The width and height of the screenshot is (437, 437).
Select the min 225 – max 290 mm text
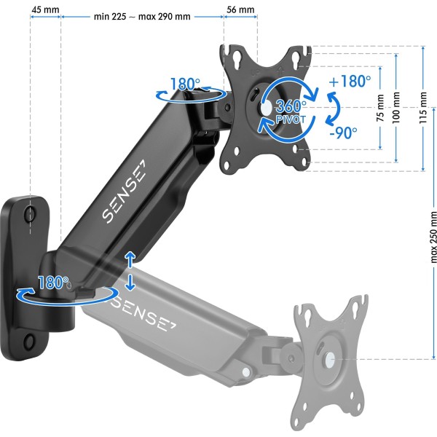[x=142, y=15]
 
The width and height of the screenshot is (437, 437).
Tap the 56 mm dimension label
[x=240, y=10]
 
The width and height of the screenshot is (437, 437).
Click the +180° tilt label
[x=349, y=82]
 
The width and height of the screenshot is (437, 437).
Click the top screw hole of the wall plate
[x=29, y=213]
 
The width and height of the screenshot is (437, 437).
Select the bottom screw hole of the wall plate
[x=30, y=340]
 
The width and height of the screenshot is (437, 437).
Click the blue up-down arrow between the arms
[x=130, y=270]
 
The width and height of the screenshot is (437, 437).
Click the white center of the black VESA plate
[x=265, y=108]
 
